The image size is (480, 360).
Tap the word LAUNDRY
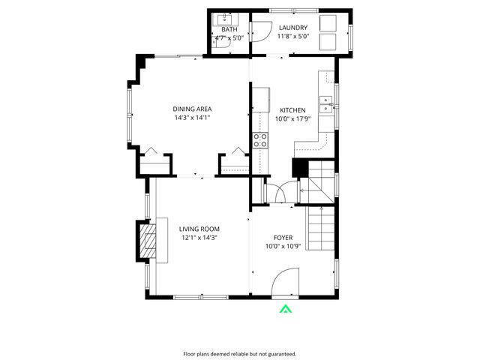pos(292,28)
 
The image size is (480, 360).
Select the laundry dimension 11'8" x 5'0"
pos(292,36)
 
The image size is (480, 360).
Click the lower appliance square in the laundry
pos(330,41)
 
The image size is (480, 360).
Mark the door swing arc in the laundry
pos(259,31)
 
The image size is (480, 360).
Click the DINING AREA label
pos(192,109)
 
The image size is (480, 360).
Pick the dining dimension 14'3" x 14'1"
pos(192,118)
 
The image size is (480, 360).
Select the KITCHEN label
pos(292,109)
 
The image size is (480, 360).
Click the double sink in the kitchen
pos(325,104)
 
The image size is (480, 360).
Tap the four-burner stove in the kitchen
pos(260,139)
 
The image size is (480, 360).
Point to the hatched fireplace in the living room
pos(147,241)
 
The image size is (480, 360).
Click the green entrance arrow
pos(285,308)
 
